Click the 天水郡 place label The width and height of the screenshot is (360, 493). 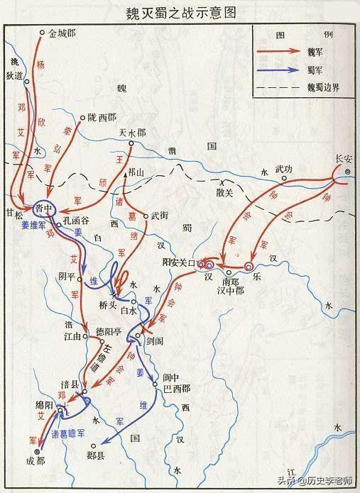click(x=132, y=133)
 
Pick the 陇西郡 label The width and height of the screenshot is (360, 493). click(x=102, y=117)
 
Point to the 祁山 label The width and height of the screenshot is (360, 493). click(x=136, y=172)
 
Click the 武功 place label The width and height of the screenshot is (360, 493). click(x=285, y=167)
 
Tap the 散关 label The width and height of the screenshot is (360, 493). click(x=225, y=192)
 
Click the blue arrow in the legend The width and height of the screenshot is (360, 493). click(x=278, y=70)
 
